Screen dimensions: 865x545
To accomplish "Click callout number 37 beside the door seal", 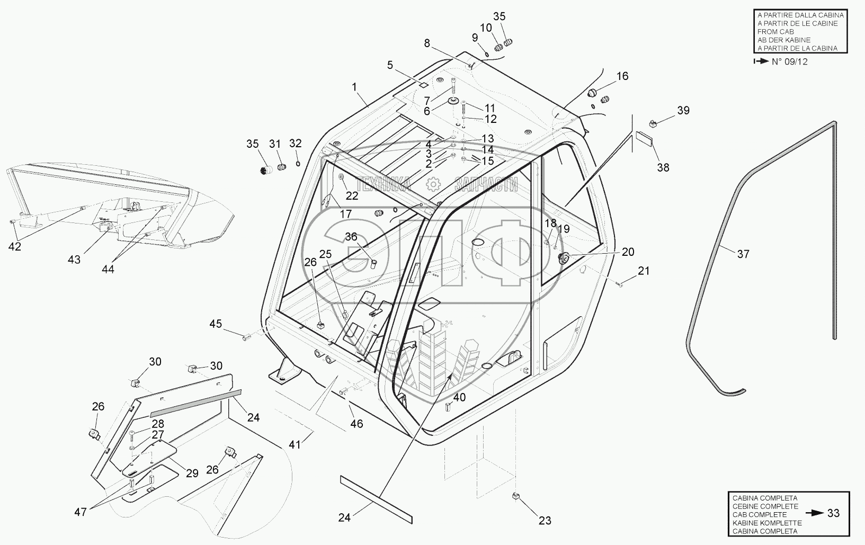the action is [x=743, y=254].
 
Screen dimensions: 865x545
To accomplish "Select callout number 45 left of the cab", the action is [x=216, y=324].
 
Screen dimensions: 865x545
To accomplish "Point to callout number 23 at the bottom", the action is [x=545, y=521].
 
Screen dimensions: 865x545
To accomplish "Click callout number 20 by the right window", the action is [x=628, y=252].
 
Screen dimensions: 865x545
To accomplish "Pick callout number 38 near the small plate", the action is [x=663, y=167].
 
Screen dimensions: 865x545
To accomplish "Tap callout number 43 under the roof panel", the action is [x=74, y=259].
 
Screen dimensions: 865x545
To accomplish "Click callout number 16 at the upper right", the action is [x=622, y=76].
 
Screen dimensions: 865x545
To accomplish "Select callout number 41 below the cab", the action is [x=295, y=444].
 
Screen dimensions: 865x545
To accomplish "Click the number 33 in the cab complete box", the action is [x=833, y=513].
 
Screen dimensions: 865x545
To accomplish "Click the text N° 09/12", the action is [x=789, y=61].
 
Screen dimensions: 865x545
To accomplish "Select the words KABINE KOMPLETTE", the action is [x=766, y=523].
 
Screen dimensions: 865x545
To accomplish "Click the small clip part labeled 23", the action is [x=515, y=496].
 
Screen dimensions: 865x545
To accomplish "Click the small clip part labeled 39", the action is [x=653, y=123].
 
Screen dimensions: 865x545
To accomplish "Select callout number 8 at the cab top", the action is [x=427, y=43].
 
